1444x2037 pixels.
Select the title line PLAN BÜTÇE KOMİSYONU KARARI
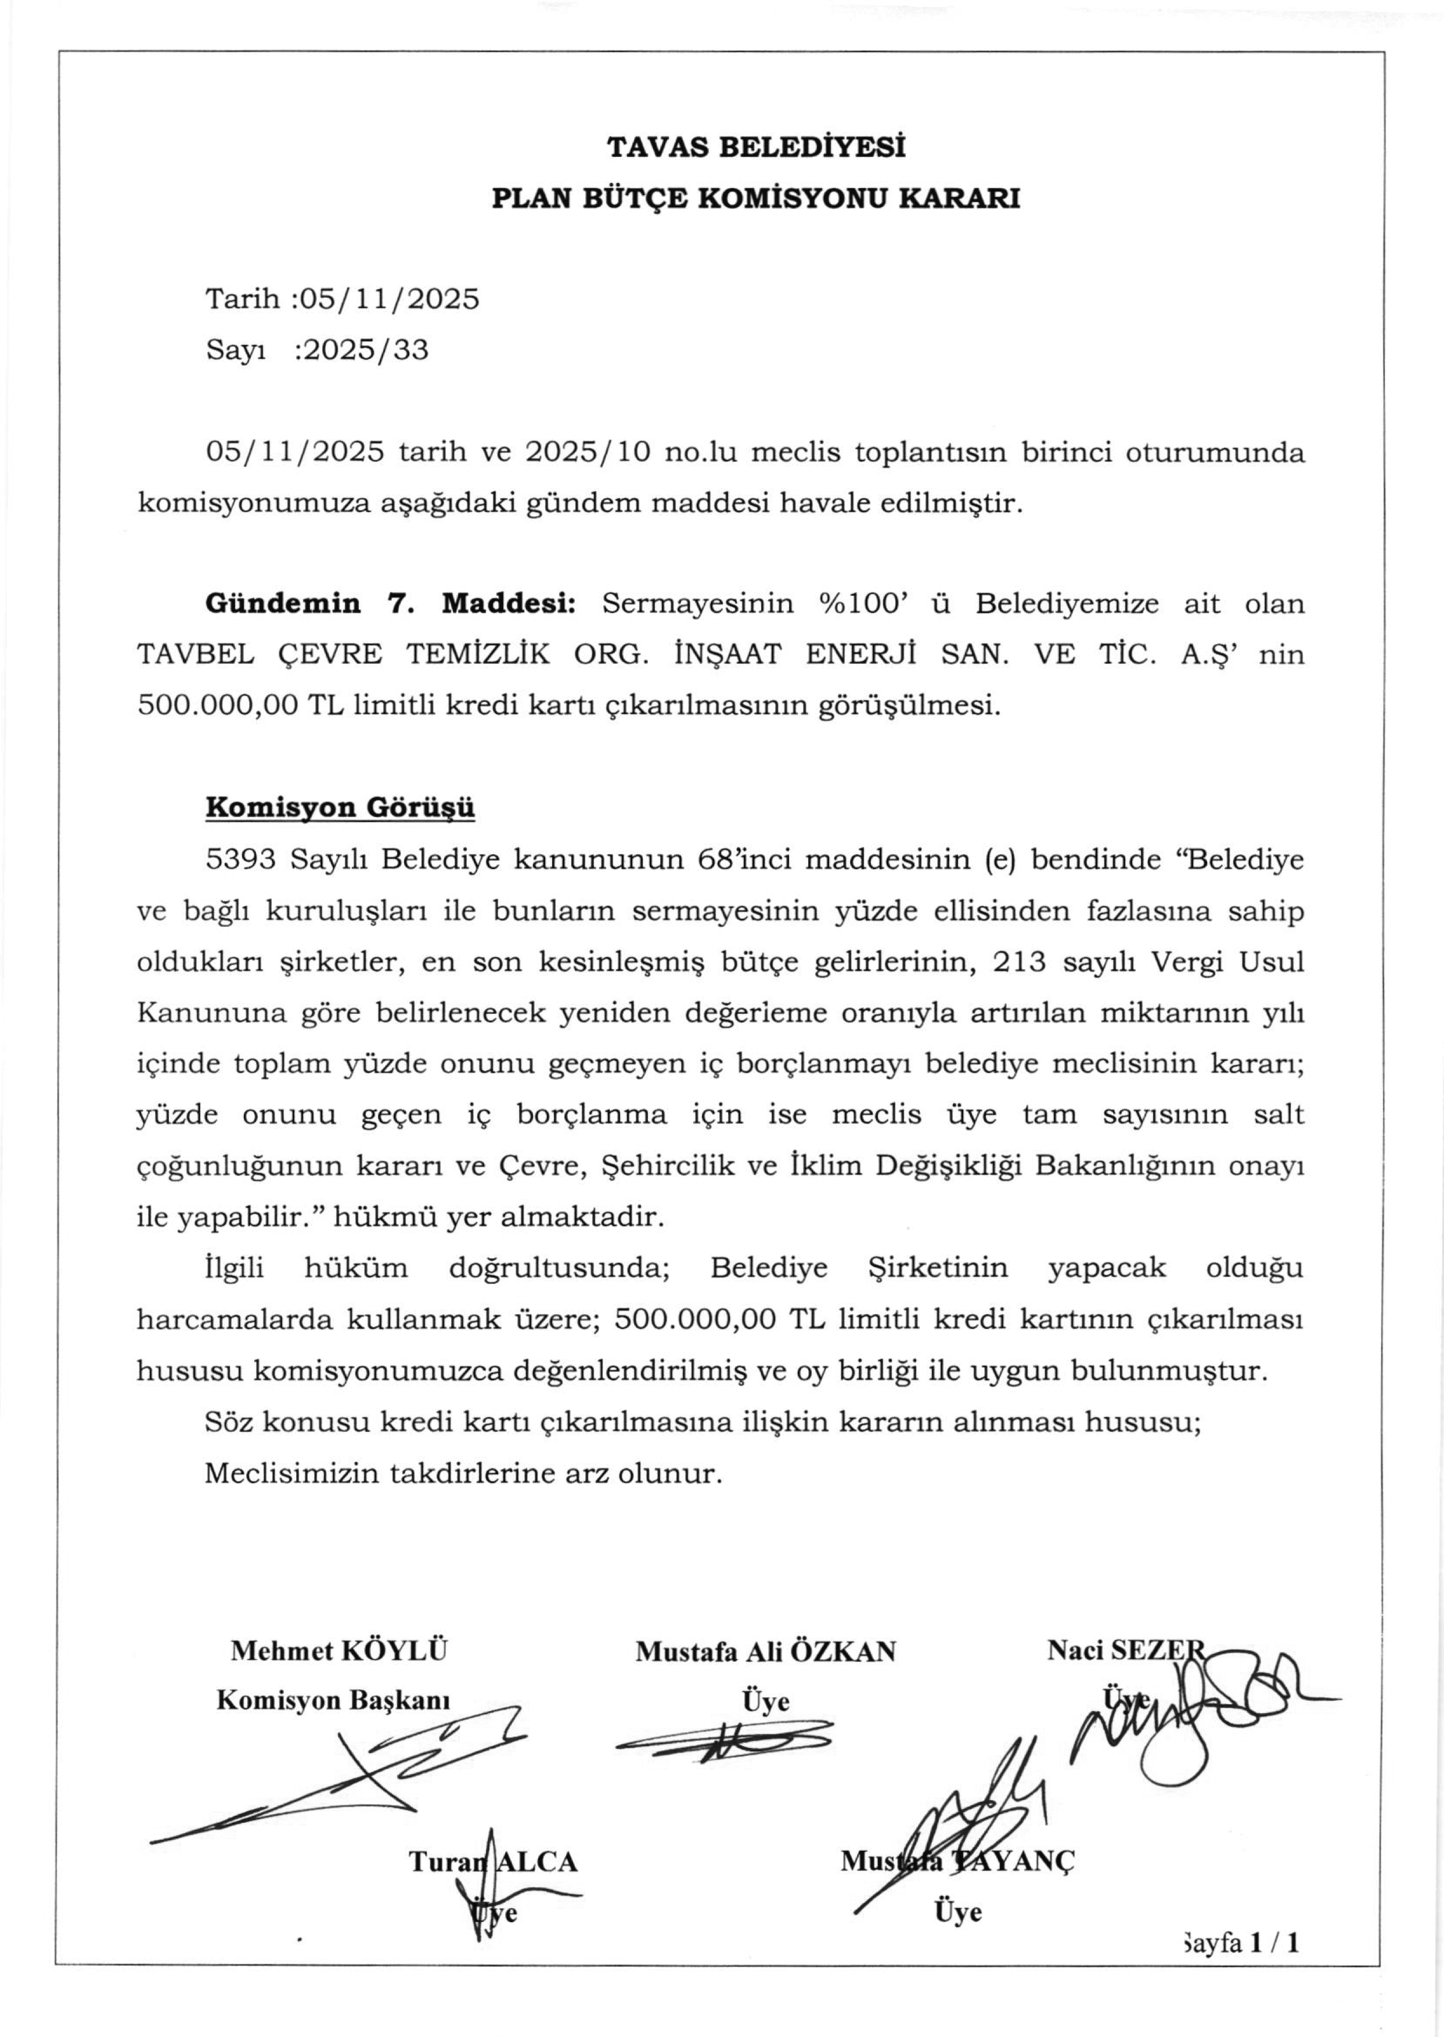[x=756, y=197]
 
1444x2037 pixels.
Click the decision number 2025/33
[x=365, y=350]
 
